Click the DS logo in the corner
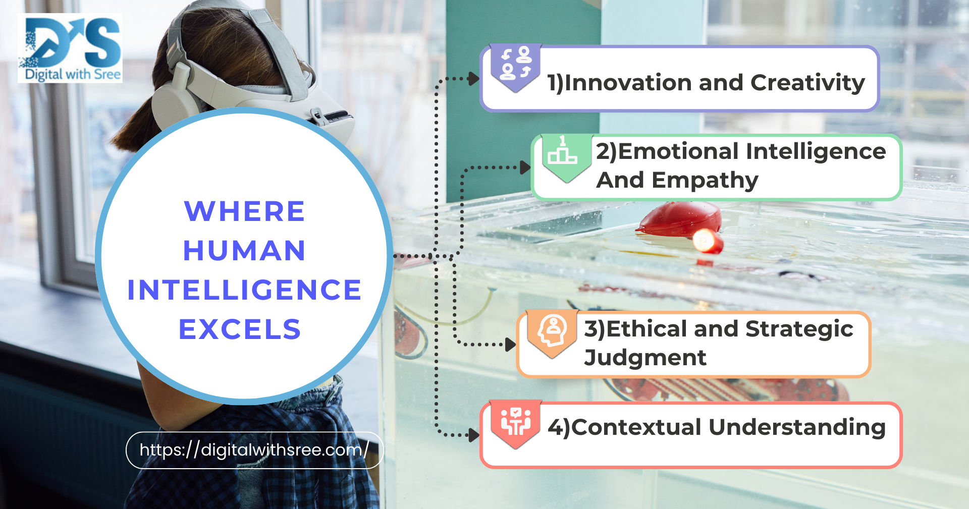click(x=70, y=48)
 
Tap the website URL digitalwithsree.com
click(x=254, y=449)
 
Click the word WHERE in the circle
click(x=245, y=211)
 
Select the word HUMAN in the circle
click(x=244, y=250)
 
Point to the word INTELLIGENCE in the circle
click(x=244, y=290)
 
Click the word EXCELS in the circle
click(x=240, y=329)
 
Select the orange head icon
click(x=552, y=333)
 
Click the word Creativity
click(x=808, y=83)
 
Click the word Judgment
click(x=645, y=358)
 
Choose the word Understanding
click(x=797, y=427)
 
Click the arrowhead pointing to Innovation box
click(x=474, y=79)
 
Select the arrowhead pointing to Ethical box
click(x=511, y=345)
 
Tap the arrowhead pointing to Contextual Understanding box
click(x=474, y=435)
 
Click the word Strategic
click(x=799, y=329)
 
